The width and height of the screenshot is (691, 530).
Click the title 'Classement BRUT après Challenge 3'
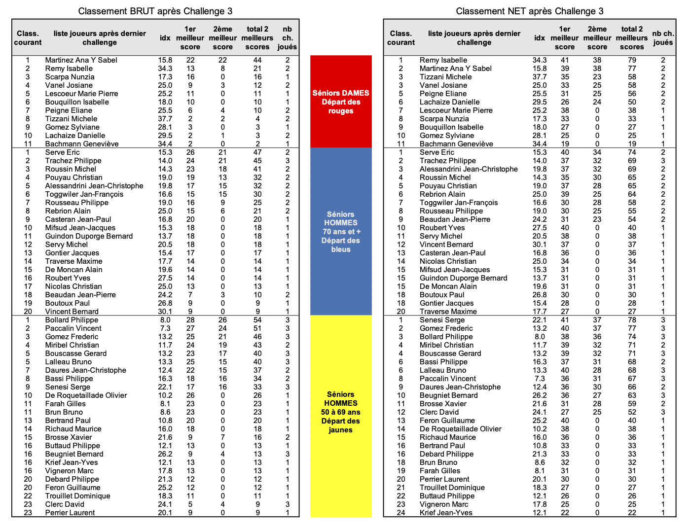[x=155, y=11]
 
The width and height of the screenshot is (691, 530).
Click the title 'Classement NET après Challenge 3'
[x=529, y=11]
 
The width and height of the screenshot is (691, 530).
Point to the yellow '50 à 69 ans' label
[x=341, y=412]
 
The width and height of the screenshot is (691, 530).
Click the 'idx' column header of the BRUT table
[x=165, y=38]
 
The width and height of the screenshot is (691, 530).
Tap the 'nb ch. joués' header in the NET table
[x=663, y=38]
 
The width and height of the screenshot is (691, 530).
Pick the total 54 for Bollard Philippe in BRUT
[x=257, y=320]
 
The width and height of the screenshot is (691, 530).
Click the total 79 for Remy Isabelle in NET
[x=632, y=60]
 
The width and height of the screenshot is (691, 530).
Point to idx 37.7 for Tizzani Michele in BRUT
[x=165, y=119]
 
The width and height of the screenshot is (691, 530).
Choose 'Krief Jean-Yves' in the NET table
[x=446, y=513]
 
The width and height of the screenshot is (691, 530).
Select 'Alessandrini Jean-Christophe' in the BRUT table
[x=94, y=186]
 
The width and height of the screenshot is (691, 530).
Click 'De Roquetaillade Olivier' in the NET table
[x=461, y=429]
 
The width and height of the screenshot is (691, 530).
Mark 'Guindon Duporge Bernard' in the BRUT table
[x=89, y=236]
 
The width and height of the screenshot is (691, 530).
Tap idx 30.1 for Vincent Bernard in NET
[x=540, y=245]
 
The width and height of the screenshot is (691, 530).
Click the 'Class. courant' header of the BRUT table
[x=28, y=38]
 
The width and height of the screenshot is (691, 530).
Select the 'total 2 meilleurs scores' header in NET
[x=632, y=38]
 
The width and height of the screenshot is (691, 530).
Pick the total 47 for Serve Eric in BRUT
[x=257, y=152]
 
